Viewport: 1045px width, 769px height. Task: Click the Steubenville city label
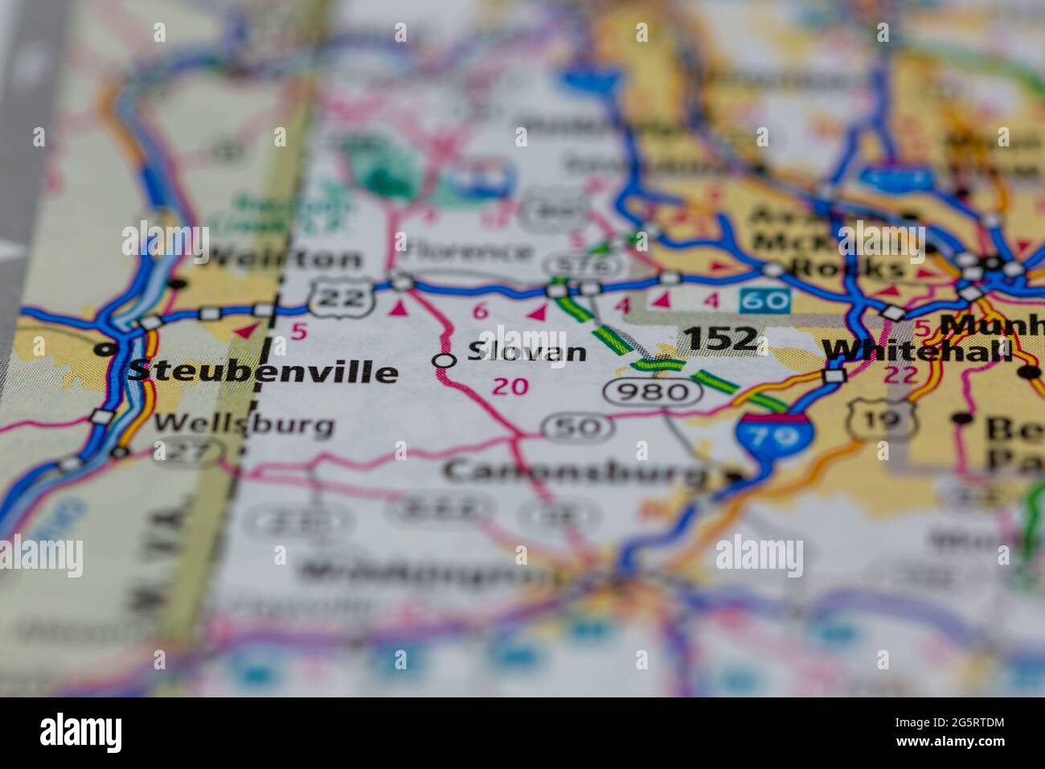(x=263, y=371)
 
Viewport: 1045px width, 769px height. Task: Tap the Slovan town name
(x=527, y=352)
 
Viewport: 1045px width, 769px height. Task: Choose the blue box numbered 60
(x=765, y=302)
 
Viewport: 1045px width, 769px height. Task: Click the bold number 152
(x=721, y=339)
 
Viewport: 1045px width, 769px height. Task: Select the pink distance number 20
(x=510, y=387)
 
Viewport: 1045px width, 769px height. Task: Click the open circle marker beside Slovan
(x=443, y=361)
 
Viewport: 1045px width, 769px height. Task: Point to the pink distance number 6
(x=481, y=311)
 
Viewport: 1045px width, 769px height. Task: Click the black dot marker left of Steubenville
(x=103, y=350)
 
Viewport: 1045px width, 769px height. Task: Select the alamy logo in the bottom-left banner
(x=81, y=733)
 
